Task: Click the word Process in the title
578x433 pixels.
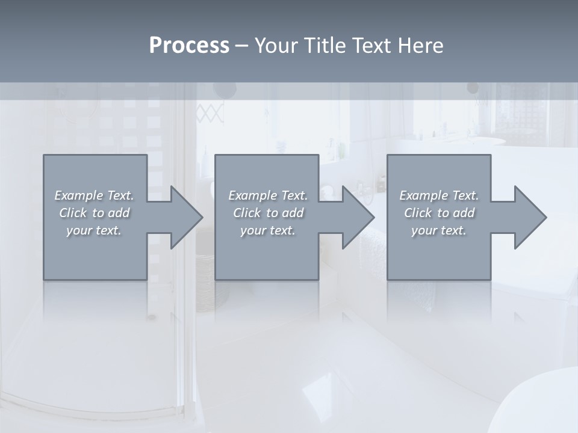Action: click(x=189, y=45)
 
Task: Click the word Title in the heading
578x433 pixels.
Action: click(x=323, y=45)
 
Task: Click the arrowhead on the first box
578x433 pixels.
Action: click(x=181, y=217)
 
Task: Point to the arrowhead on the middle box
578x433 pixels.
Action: click(x=353, y=217)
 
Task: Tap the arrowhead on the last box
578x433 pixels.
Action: click(x=524, y=217)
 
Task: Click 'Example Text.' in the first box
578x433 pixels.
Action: click(x=95, y=195)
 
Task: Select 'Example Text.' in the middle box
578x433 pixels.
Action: click(x=268, y=195)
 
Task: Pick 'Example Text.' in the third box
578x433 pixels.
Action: click(x=439, y=195)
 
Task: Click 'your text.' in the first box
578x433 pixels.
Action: click(x=95, y=230)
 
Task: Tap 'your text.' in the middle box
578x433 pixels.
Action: click(x=268, y=230)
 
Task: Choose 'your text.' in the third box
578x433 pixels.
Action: click(x=439, y=230)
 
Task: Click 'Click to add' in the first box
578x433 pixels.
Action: click(x=95, y=213)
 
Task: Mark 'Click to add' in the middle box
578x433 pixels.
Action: click(x=268, y=213)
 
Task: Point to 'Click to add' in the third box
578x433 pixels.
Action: click(x=439, y=213)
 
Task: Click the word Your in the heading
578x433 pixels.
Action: click(x=276, y=45)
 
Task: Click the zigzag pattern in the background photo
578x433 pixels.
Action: click(x=210, y=112)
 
